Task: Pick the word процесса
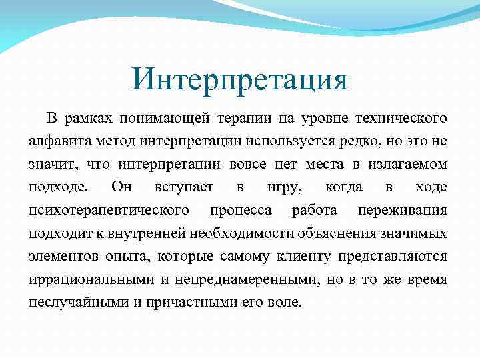pyautogui.click(x=241, y=211)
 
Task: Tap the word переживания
pyautogui.click(x=402, y=211)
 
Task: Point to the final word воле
pyautogui.click(x=288, y=301)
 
